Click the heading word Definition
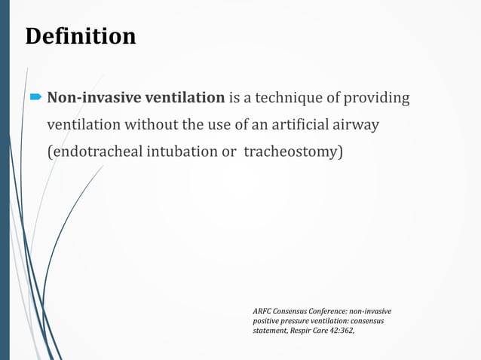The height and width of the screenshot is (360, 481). click(81, 36)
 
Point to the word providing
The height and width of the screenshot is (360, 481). click(379, 98)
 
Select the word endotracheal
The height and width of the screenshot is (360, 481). click(88, 152)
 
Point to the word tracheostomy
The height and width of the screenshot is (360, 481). click(294, 152)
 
